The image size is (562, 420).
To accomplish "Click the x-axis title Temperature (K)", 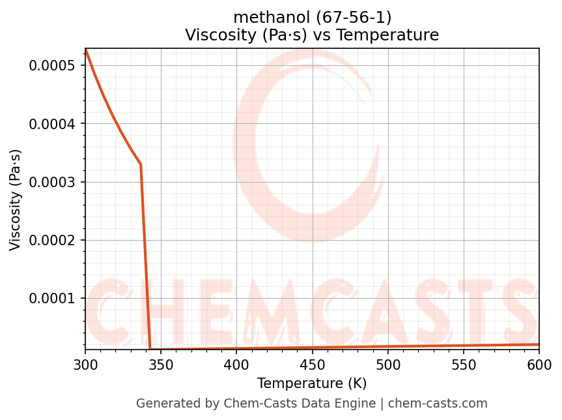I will (312, 383).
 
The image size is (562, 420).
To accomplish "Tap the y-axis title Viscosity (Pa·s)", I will (16, 200).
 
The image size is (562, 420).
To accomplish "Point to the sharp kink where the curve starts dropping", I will (141, 164).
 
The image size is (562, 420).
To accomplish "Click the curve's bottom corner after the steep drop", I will (150, 350).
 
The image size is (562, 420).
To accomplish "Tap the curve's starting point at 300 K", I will (85, 49).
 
